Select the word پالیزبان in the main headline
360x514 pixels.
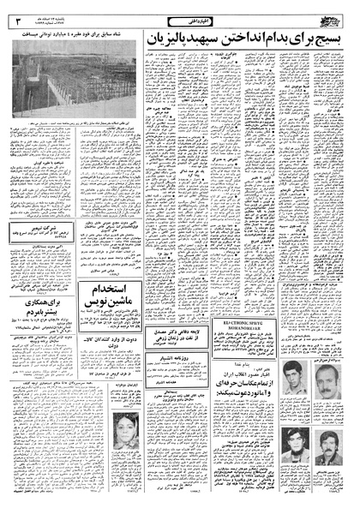coord(205,39)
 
